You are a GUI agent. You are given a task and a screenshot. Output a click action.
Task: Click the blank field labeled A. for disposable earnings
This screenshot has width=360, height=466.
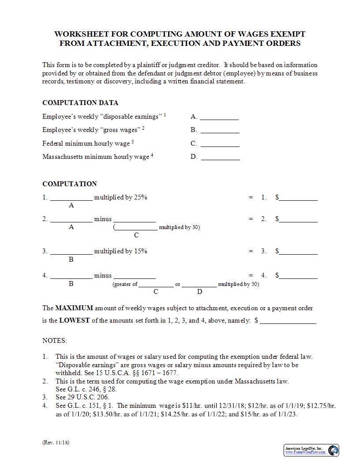pos(219,117)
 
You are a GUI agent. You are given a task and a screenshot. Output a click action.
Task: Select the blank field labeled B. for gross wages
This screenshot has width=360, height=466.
pos(220,130)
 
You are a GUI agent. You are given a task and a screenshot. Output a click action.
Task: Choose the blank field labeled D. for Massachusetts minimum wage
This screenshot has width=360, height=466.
pos(220,157)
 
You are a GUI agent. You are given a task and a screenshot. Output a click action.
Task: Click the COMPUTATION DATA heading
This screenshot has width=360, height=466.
pos(80,103)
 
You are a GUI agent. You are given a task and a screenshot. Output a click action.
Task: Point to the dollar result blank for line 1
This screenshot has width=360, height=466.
pos(298,198)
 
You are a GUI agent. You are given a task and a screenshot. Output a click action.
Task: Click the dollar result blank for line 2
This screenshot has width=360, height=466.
pos(298,219)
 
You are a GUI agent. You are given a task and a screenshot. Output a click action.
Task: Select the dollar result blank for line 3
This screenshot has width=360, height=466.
pos(298,252)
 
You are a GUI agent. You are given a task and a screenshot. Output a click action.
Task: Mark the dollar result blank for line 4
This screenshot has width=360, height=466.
pos(298,276)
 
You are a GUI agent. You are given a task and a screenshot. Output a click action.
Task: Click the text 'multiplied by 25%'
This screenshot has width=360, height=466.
pos(120,198)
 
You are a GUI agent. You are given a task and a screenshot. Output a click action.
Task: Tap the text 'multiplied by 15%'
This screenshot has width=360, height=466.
pos(120,252)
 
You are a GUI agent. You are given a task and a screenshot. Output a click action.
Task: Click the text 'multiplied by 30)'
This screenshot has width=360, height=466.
pos(179,228)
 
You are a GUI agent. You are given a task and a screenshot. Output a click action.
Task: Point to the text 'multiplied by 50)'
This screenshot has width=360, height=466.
pos(238,284)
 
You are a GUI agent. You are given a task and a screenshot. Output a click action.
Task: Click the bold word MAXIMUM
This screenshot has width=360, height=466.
pos(74,308)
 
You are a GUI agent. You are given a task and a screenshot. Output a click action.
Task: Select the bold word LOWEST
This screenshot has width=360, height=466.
pos(75,321)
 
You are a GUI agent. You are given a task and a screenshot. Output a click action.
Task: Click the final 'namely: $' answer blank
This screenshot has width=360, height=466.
pos(288,321)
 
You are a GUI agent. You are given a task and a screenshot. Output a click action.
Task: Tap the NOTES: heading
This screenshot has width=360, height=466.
pos(55,341)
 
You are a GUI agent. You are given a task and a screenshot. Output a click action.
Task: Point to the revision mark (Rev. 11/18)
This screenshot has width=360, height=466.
pos(56,442)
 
